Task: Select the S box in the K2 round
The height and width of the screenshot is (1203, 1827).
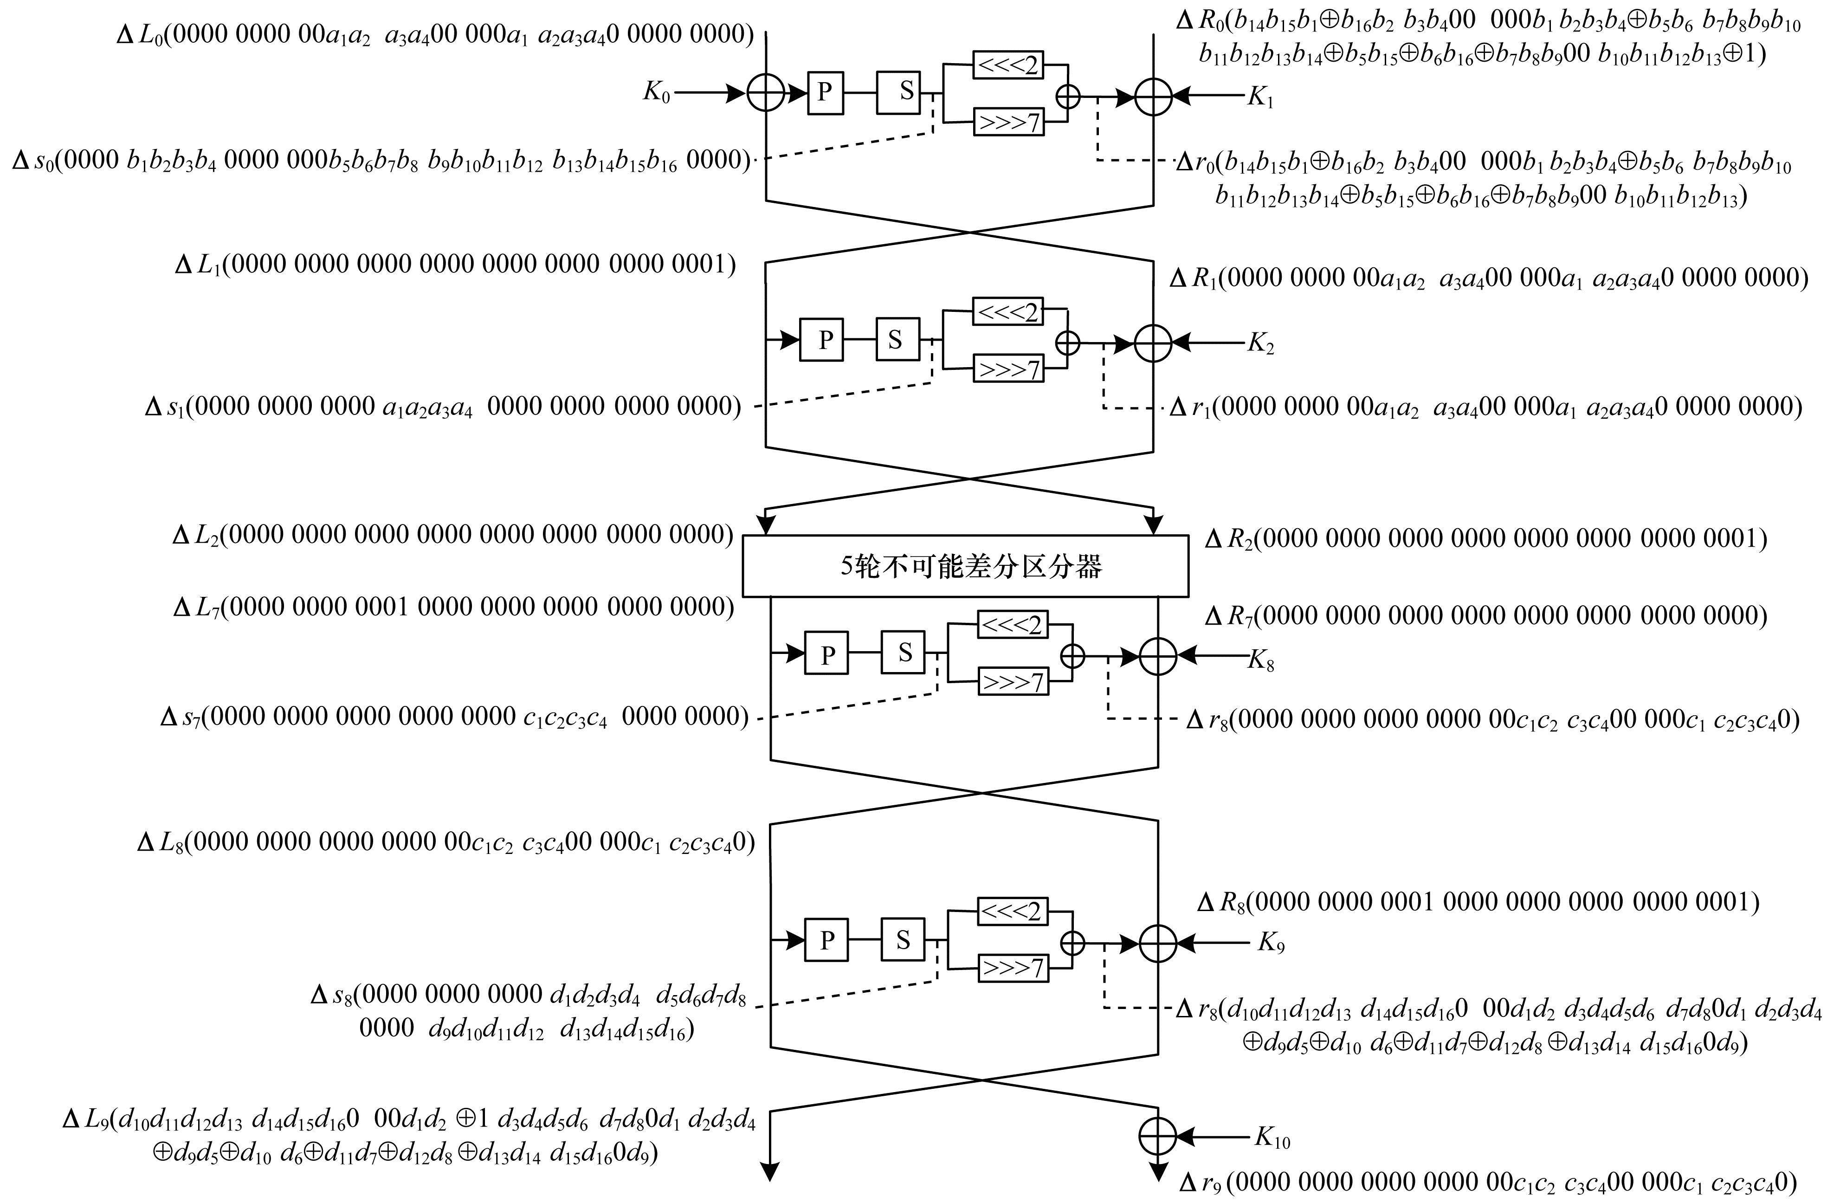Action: point(896,339)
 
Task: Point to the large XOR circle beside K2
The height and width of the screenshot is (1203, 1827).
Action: point(1152,343)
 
